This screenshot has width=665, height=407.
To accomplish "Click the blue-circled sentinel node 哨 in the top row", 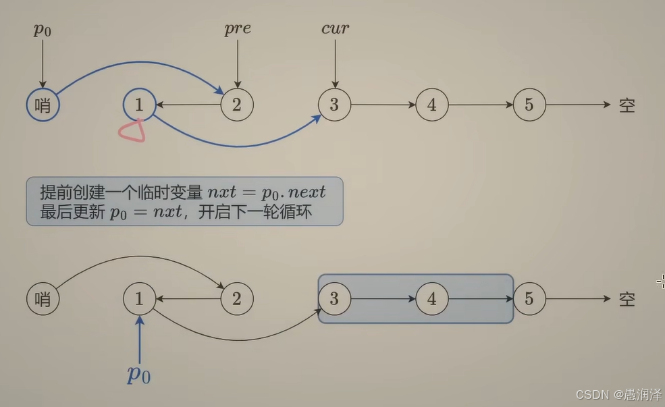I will [x=43, y=105].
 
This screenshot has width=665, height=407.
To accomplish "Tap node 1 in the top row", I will [x=139, y=105].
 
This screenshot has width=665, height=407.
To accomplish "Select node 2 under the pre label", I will [x=237, y=105].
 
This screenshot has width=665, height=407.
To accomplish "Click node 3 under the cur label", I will [x=334, y=105].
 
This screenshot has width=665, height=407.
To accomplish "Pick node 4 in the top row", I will [x=432, y=105].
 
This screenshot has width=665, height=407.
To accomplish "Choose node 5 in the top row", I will [x=529, y=105].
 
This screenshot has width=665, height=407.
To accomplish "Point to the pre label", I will [x=237, y=28].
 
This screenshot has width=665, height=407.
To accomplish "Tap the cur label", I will [x=335, y=28].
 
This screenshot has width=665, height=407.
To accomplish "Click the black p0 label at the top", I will [x=43, y=30].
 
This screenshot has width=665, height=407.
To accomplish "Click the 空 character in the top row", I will [x=627, y=105].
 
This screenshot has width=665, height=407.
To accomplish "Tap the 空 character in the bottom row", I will [x=627, y=299].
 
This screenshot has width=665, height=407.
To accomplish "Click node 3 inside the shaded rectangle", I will [x=334, y=299].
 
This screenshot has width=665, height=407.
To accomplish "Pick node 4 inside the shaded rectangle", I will [x=432, y=299].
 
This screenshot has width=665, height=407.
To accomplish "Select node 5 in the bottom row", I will [x=529, y=299].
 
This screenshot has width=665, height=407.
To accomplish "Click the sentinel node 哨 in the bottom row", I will [x=43, y=299].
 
